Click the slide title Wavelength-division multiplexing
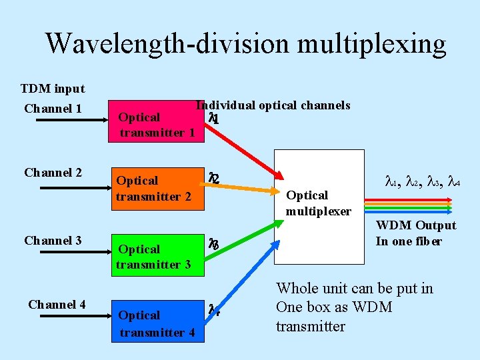tap(245, 44)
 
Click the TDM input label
tap(53, 89)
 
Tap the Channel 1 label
tap(53, 109)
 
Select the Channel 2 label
tap(53, 173)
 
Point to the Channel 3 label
tap(53, 241)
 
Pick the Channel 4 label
tap(57, 305)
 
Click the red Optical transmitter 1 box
tap(157, 125)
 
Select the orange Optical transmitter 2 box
tap(157, 188)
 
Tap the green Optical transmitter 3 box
tap(157, 256)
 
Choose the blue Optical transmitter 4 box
tap(157, 323)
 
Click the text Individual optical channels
tap(273, 105)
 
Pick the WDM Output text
tap(416, 225)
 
